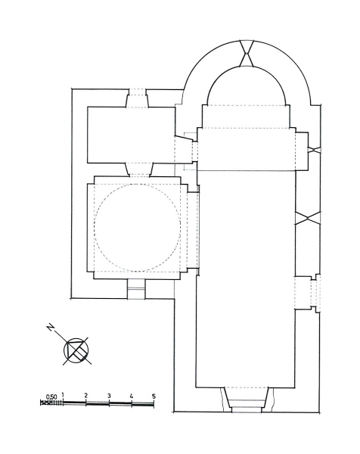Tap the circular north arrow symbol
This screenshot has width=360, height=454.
(x=76, y=350)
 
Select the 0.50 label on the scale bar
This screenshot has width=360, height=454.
(x=51, y=396)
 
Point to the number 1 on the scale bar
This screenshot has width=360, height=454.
(x=63, y=395)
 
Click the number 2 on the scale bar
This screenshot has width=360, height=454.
(x=85, y=395)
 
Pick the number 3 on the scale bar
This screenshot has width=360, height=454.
(x=109, y=396)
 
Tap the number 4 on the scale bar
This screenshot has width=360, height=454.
(x=132, y=396)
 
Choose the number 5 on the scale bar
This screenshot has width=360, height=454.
(x=154, y=396)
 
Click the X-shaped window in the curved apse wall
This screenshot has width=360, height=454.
(x=247, y=53)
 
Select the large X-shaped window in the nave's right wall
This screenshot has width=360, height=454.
(x=308, y=218)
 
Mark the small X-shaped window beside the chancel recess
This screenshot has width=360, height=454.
(x=315, y=150)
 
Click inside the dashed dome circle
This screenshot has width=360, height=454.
(x=138, y=228)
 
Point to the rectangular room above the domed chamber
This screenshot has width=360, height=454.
(x=131, y=135)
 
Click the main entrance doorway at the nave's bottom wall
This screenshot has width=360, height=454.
(x=247, y=399)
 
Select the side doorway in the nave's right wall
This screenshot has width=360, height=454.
(x=308, y=293)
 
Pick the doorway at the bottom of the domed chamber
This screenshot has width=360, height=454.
(x=136, y=289)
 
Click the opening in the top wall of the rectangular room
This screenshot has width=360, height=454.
(x=137, y=98)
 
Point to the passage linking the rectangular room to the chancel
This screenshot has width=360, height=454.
(x=186, y=151)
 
